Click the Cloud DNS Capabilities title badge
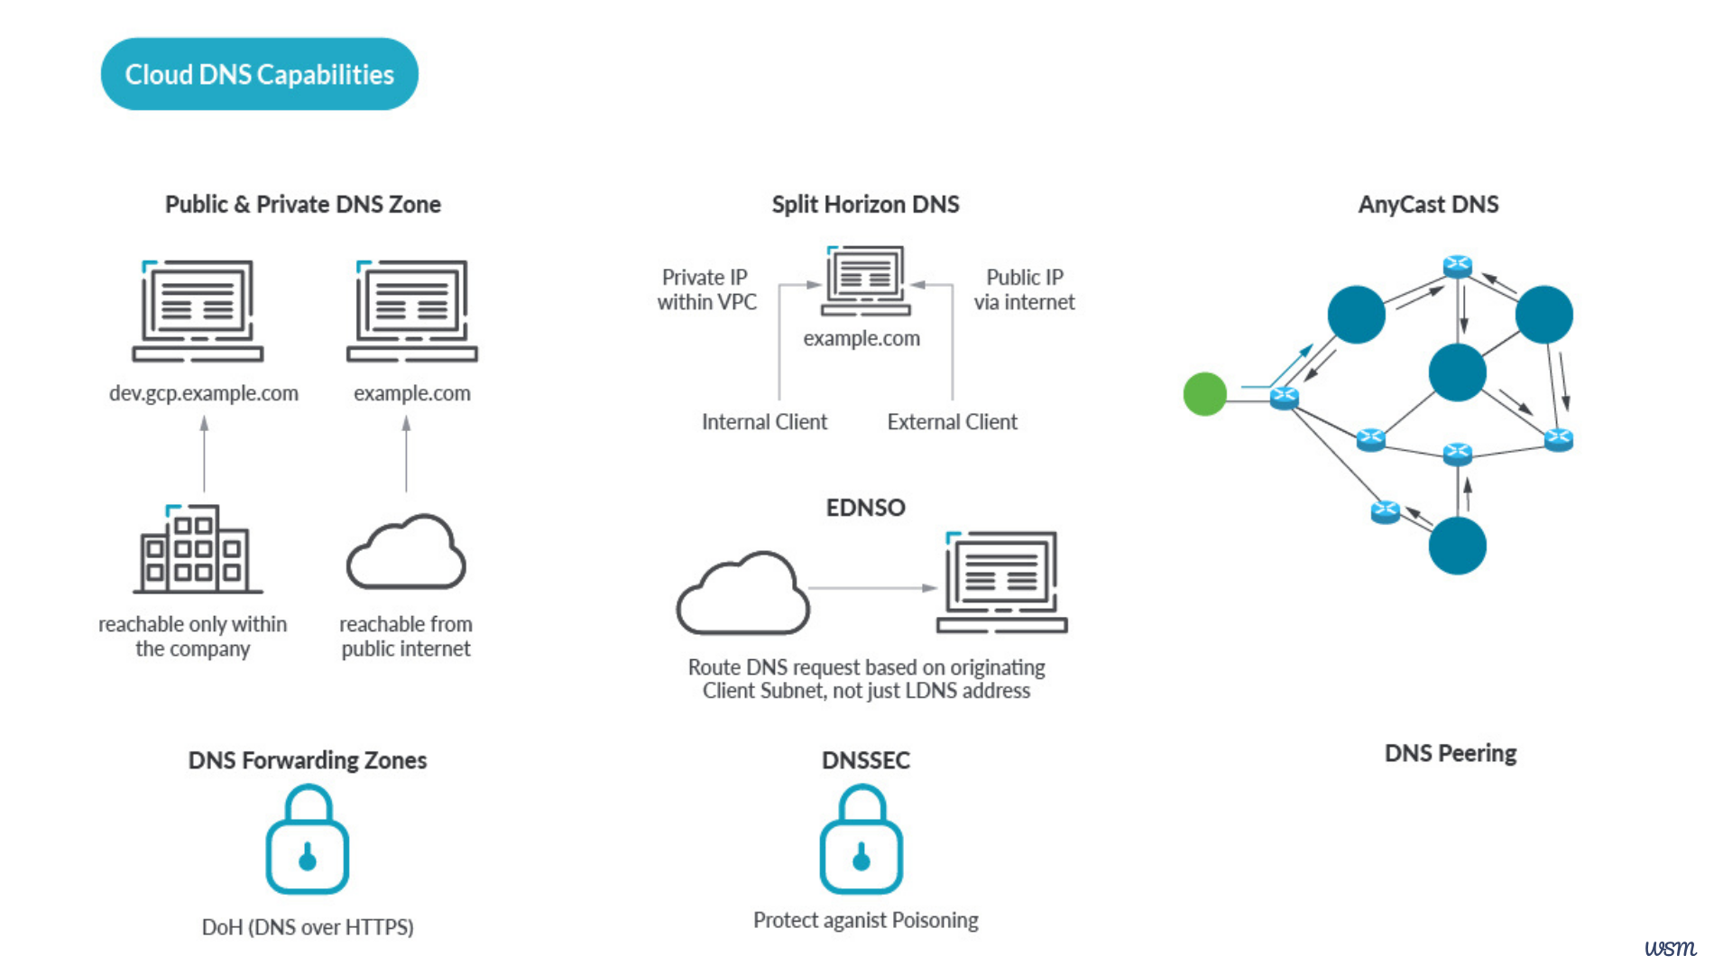(x=259, y=74)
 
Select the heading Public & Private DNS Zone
(x=302, y=205)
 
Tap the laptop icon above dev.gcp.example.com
(x=198, y=311)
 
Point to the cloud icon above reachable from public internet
(x=406, y=552)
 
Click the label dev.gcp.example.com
(x=203, y=393)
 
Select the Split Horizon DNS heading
(x=865, y=205)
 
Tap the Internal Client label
(x=764, y=422)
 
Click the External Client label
(x=952, y=422)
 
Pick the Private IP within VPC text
(x=706, y=289)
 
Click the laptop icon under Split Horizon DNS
(x=865, y=280)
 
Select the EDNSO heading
(x=865, y=508)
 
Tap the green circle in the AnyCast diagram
(x=1204, y=394)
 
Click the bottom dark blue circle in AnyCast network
(x=1457, y=546)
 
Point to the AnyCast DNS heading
(x=1428, y=205)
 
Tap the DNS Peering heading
(x=1450, y=753)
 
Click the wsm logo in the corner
(x=1670, y=948)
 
